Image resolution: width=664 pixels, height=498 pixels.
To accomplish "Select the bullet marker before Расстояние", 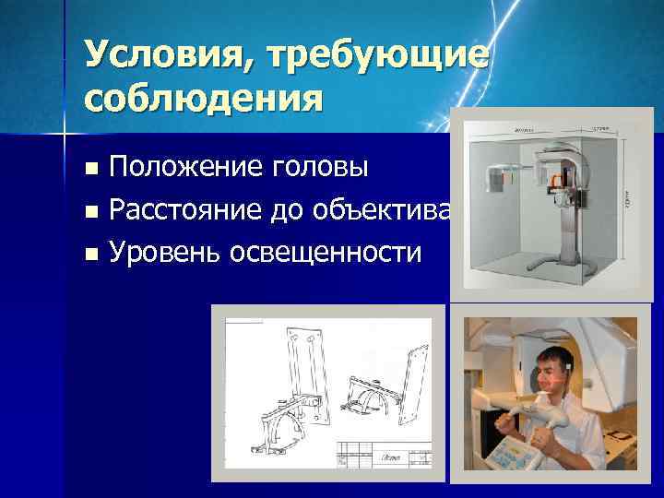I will pyautogui.click(x=89, y=212).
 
